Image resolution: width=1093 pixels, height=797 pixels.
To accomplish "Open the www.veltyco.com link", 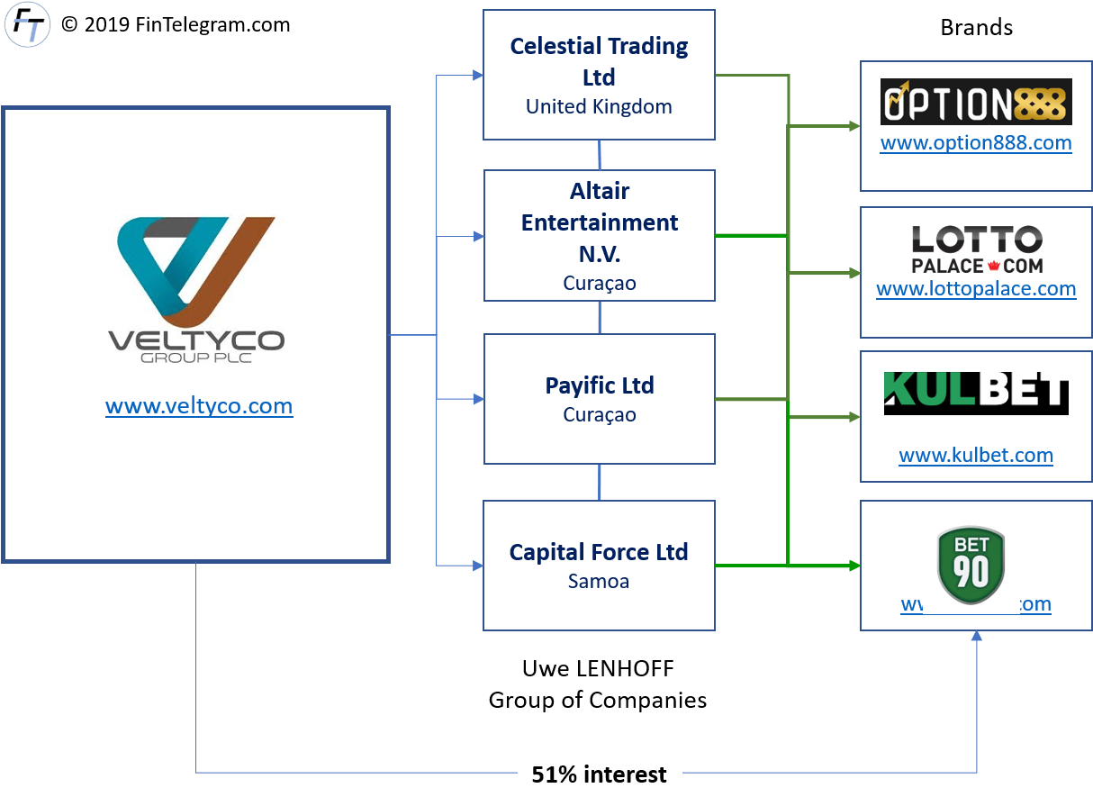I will [x=199, y=406].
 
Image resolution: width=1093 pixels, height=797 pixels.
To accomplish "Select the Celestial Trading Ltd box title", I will [x=599, y=60].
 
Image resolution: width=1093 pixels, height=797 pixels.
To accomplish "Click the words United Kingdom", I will [x=599, y=106].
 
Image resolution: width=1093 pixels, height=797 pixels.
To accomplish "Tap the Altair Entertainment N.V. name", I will [x=599, y=222].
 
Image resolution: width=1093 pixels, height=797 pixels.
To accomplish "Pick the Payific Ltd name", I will [x=599, y=385].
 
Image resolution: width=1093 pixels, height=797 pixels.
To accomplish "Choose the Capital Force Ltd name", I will [x=599, y=552].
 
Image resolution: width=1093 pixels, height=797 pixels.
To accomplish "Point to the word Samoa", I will [x=599, y=581].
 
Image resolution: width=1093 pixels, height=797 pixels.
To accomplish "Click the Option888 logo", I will [x=976, y=101].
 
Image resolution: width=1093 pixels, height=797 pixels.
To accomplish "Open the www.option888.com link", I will [x=976, y=142].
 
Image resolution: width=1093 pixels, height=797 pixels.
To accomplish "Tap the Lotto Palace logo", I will [x=976, y=249].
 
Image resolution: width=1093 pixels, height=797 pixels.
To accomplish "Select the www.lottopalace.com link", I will [x=976, y=289].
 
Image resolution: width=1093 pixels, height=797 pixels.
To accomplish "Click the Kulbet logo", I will [x=976, y=393].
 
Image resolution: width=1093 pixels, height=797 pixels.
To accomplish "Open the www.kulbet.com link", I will [x=976, y=455].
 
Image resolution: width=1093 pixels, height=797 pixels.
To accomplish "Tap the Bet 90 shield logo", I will [x=971, y=565].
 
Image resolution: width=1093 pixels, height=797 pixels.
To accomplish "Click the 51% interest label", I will [x=599, y=774].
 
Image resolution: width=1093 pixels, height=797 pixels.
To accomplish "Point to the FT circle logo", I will [x=26, y=24].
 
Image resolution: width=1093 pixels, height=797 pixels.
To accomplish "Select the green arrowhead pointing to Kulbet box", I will [x=854, y=417].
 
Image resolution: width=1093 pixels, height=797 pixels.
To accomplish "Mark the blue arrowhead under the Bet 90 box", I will [x=977, y=637].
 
